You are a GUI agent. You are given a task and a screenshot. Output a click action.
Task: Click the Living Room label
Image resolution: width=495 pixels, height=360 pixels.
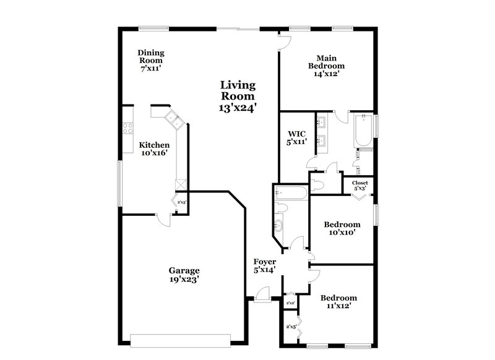click(239, 96)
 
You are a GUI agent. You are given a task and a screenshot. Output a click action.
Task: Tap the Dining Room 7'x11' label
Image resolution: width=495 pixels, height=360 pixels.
click(150, 61)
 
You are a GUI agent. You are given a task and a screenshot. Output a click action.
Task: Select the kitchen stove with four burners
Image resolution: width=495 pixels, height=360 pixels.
click(128, 128)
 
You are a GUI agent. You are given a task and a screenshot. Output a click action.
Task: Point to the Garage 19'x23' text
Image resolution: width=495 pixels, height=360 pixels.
click(184, 275)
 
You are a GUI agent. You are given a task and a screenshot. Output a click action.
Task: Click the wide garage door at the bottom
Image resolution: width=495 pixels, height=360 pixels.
click(180, 340)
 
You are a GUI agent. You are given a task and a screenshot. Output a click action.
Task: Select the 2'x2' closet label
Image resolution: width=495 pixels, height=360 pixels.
click(290, 303)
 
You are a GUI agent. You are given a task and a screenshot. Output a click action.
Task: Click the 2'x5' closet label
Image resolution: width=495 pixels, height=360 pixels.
click(290, 327)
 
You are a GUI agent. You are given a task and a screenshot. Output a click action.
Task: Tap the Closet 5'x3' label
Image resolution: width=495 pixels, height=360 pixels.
click(359, 186)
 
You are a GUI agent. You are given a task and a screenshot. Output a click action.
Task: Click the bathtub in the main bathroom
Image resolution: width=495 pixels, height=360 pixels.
click(361, 132)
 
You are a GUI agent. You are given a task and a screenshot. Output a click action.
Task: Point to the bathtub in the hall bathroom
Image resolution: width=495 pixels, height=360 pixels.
click(290, 193)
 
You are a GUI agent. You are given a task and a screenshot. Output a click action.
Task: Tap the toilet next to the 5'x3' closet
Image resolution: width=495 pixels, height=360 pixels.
click(319, 184)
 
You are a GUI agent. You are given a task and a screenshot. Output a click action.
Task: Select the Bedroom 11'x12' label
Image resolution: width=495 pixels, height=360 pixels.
click(339, 301)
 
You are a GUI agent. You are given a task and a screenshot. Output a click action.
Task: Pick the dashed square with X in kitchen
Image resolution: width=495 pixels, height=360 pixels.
click(181, 184)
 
